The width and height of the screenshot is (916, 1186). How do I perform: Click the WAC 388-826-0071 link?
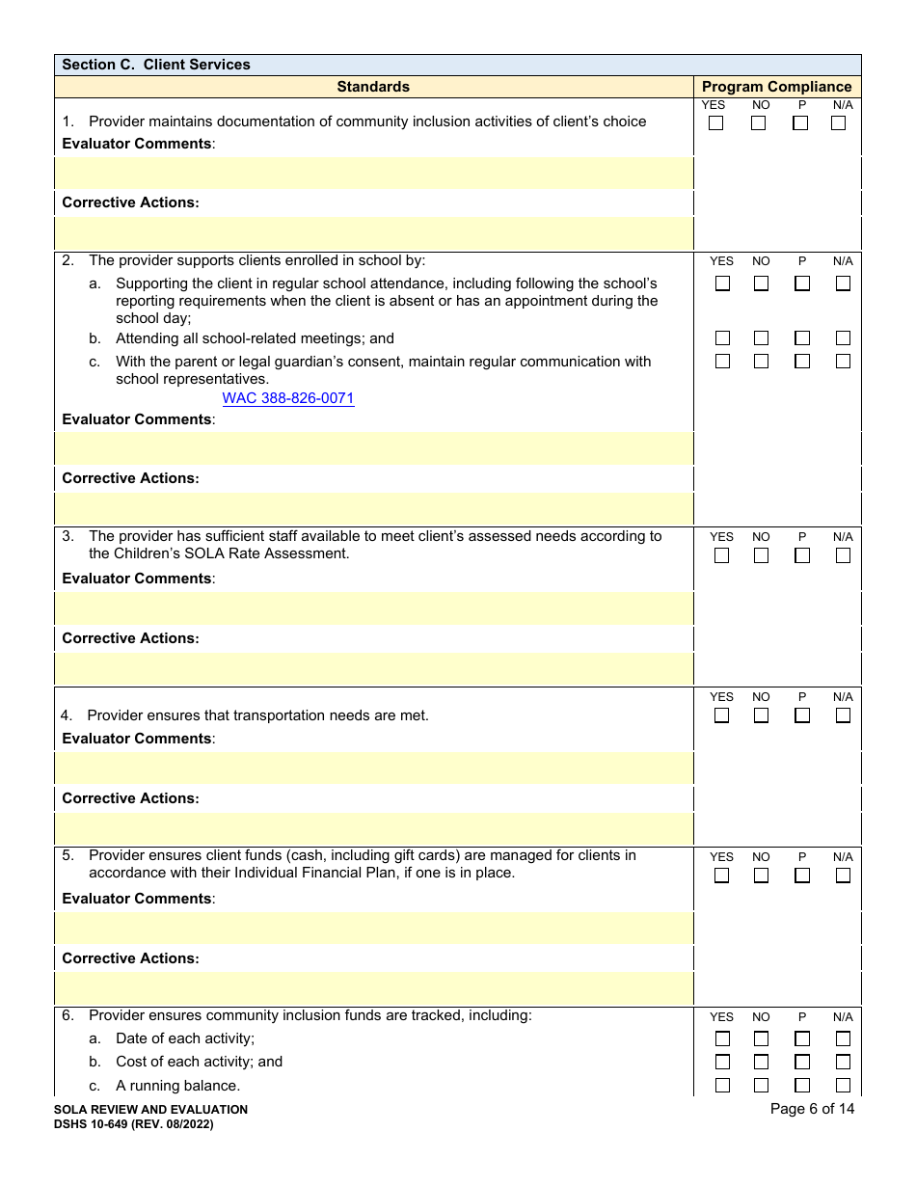point(288,398)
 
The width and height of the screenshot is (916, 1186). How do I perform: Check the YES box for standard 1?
point(715,123)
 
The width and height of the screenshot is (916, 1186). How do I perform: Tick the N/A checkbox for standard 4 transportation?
point(843,715)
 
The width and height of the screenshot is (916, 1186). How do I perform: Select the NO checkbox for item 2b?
point(761,338)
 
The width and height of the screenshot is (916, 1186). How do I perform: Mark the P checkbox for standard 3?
point(801,555)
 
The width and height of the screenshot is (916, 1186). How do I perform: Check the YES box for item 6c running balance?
point(722,1085)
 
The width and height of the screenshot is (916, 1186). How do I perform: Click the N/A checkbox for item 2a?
point(843,283)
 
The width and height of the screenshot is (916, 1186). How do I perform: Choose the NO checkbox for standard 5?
point(761,876)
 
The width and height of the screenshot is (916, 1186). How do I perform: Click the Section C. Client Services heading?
point(156,65)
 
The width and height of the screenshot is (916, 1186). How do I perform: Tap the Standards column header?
point(373,87)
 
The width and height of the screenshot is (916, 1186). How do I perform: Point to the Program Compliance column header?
point(776,87)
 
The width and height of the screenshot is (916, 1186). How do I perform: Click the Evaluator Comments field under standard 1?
point(374,174)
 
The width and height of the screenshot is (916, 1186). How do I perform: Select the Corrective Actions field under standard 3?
point(374,669)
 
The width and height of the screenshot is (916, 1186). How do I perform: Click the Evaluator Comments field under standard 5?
point(374,928)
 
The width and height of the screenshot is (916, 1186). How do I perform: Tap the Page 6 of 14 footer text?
point(812,1109)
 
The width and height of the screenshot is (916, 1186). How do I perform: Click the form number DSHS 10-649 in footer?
point(134,1124)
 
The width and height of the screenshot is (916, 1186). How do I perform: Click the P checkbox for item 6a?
point(801,1038)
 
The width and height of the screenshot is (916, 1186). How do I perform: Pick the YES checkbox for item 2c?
point(722,361)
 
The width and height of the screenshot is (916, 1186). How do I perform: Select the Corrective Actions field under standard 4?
point(374,829)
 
